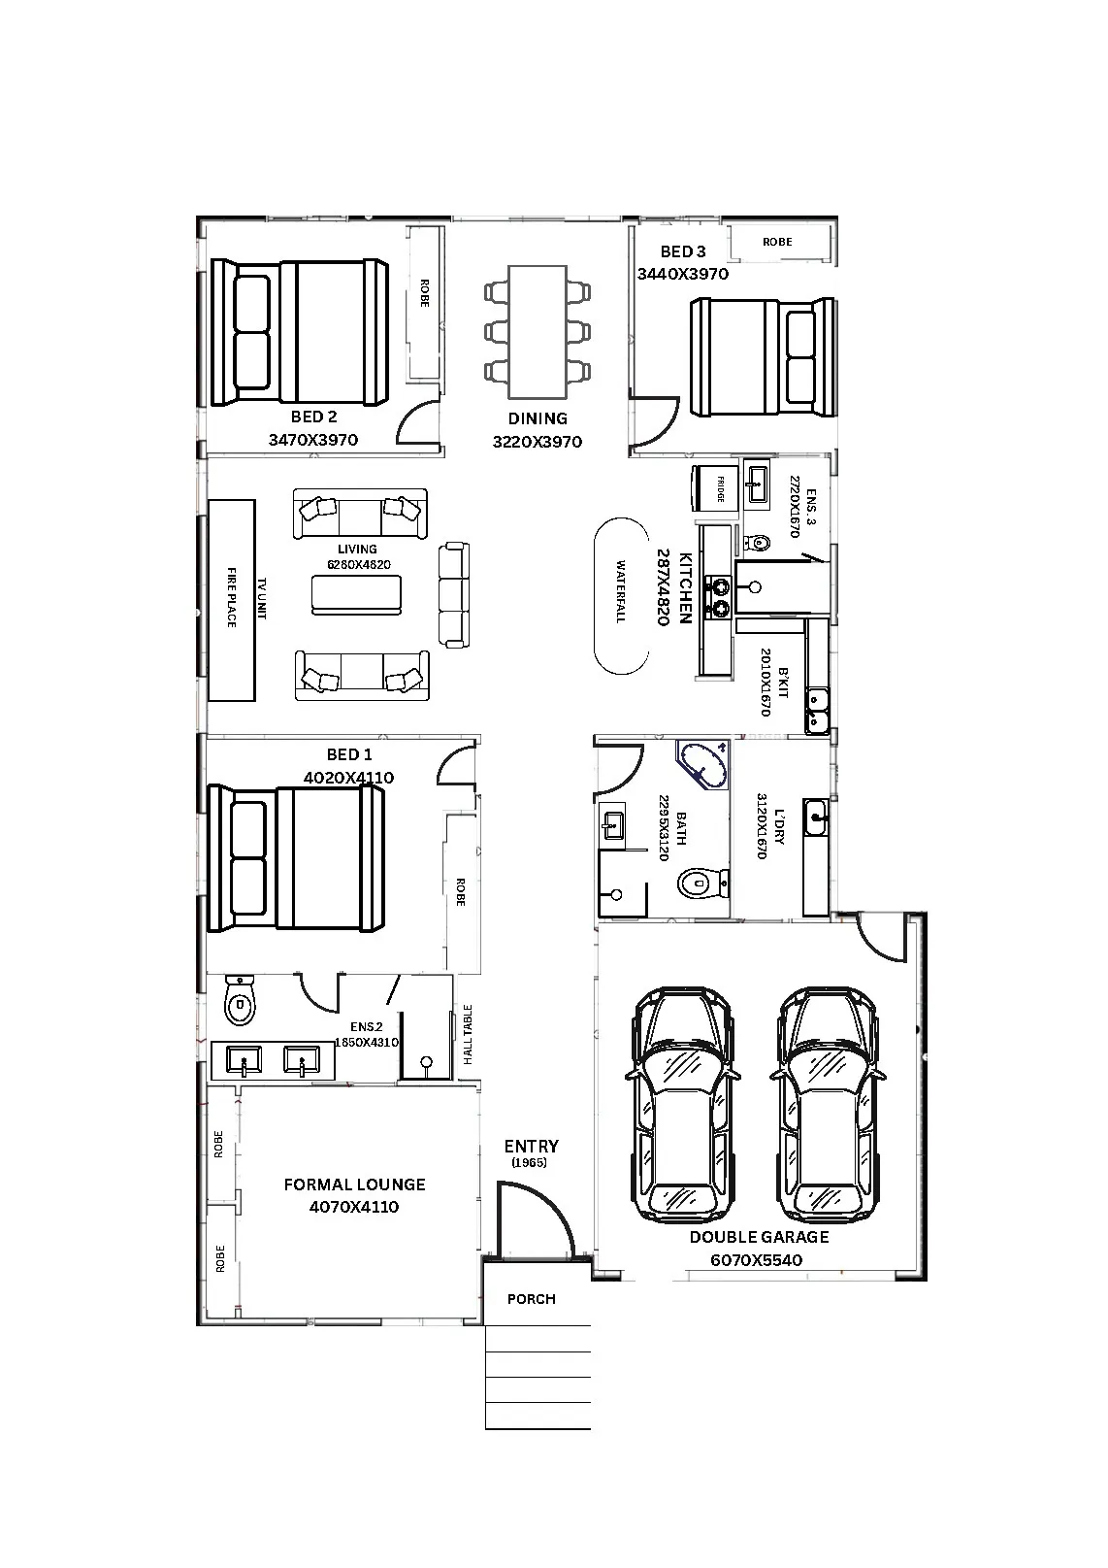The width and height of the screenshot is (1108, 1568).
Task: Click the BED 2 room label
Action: pyautogui.click(x=313, y=417)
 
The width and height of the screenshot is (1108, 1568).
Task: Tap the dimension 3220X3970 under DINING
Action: pyautogui.click(x=538, y=442)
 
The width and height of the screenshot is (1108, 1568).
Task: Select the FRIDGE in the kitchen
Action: pyautogui.click(x=715, y=488)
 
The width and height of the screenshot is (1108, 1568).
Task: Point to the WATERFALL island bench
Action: pyautogui.click(x=621, y=596)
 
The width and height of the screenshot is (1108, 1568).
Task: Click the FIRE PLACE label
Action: pyautogui.click(x=232, y=597)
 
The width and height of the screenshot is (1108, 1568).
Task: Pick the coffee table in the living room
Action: pyautogui.click(x=357, y=595)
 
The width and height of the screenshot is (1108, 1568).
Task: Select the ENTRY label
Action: pyautogui.click(x=531, y=1147)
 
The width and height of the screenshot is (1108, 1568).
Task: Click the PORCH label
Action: pyautogui.click(x=532, y=1299)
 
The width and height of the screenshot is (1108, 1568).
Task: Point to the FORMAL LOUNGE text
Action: pyautogui.click(x=355, y=1184)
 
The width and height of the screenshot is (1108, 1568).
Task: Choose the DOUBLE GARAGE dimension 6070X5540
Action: pyautogui.click(x=756, y=1260)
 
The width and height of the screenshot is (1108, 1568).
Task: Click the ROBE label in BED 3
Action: pyautogui.click(x=777, y=242)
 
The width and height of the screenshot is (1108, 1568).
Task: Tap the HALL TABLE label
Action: pyautogui.click(x=468, y=1035)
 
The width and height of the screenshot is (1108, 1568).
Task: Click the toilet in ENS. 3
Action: pyautogui.click(x=757, y=543)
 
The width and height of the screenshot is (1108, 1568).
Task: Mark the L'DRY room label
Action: pyautogui.click(x=781, y=826)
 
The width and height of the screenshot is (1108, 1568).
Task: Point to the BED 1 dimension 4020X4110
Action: pyautogui.click(x=348, y=778)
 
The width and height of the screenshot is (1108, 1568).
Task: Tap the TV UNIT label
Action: pyautogui.click(x=262, y=598)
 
